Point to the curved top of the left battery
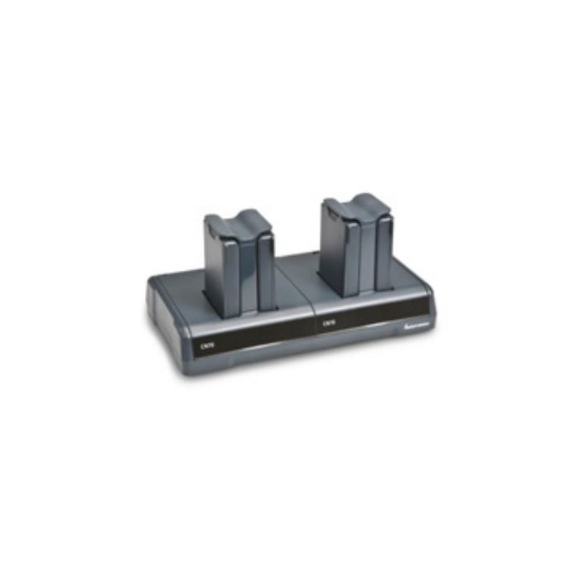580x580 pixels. (x=239, y=220)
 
